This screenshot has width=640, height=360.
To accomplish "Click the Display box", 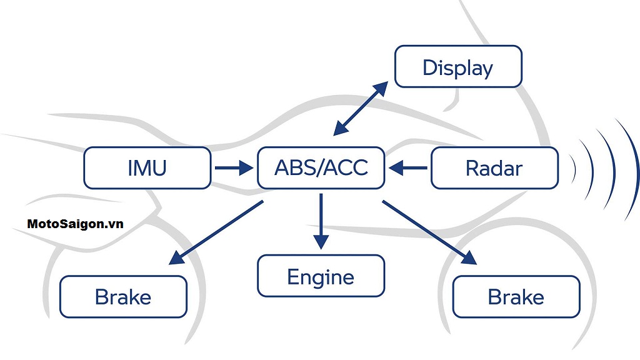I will (x=458, y=67).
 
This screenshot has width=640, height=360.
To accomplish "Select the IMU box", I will (x=147, y=167).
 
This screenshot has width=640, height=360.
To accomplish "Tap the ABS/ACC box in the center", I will (x=321, y=167).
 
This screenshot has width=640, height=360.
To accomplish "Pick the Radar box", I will (x=494, y=167).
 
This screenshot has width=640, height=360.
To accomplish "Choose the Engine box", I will (x=321, y=276).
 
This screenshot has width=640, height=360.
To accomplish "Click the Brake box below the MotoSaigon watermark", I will (x=123, y=296).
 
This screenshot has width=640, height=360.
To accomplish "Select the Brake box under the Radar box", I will (x=516, y=296).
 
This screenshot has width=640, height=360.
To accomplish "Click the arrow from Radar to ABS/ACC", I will (x=409, y=167).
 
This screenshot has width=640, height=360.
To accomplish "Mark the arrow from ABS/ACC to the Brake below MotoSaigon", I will (x=215, y=232).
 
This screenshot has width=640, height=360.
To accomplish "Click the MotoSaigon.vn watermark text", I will (x=75, y=224).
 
